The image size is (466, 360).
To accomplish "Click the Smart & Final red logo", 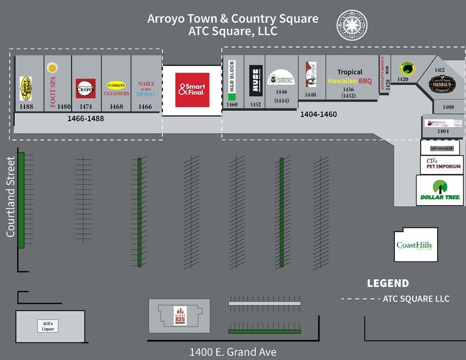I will [192, 90].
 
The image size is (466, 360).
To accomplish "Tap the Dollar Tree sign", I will [439, 190].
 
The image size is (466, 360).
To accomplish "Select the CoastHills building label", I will [415, 245].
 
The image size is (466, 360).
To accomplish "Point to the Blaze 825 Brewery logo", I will [179, 315].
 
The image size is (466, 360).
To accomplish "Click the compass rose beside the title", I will [350, 26].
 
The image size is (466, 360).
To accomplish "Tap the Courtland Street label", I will [10, 197].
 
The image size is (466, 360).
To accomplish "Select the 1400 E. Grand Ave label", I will [233, 352].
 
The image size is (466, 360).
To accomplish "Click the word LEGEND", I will [388, 283].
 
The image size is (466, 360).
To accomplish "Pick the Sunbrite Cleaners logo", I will [116, 89].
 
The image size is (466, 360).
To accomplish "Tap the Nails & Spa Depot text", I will [146, 88].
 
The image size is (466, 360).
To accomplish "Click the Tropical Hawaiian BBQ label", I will [350, 77].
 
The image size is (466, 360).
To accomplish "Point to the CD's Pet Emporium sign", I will [440, 164].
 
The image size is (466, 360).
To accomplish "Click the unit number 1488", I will [26, 107].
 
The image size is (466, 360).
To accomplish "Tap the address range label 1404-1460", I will [318, 114].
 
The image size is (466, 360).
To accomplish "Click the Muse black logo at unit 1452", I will [256, 80].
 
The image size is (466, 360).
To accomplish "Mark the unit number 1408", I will [448, 107].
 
